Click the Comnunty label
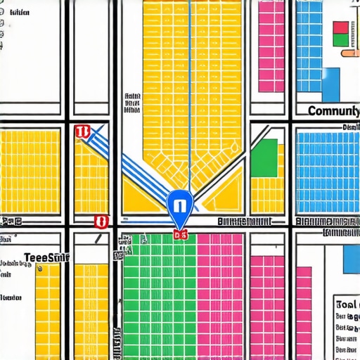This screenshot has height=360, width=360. [x=333, y=111]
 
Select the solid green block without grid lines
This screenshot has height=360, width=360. [x=264, y=157]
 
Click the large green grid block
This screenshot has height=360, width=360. [x=159, y=295]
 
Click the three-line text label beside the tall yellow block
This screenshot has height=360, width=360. [x=131, y=103]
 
